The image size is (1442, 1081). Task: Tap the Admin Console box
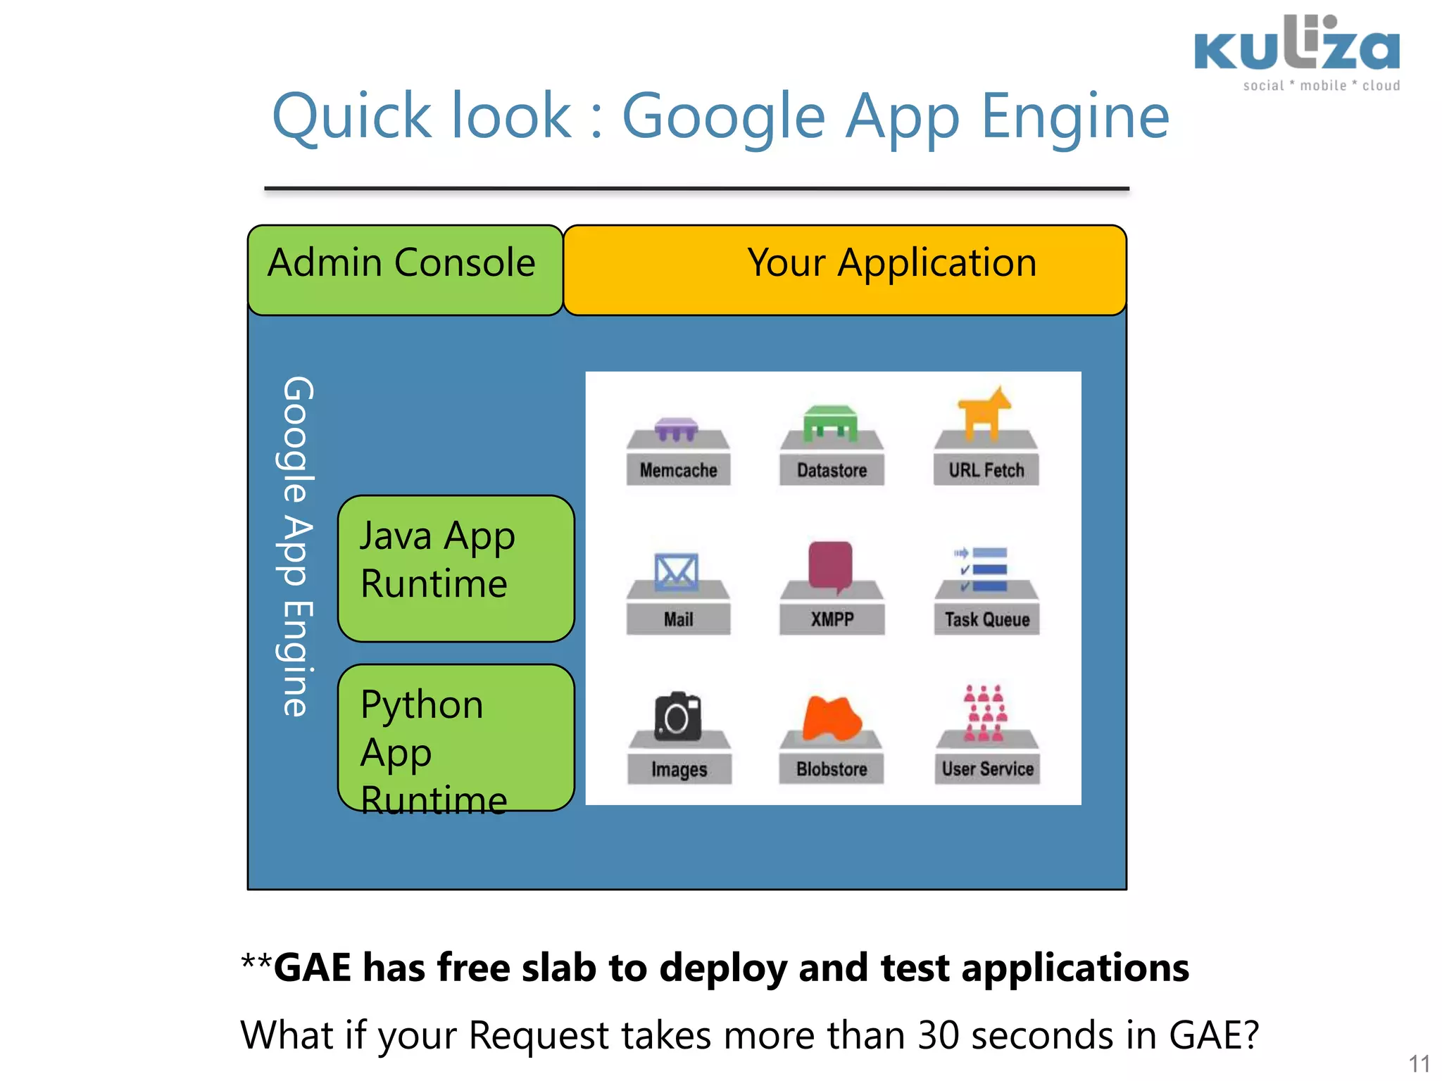click(x=404, y=270)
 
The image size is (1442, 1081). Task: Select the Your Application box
click(x=845, y=270)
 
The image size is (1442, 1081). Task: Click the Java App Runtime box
click(x=456, y=568)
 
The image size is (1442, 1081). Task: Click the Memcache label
click(x=678, y=470)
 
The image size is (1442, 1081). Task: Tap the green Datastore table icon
click(x=831, y=423)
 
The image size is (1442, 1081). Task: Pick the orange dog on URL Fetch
click(x=984, y=412)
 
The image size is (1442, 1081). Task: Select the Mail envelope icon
click(x=677, y=572)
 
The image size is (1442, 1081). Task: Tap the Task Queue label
click(x=986, y=619)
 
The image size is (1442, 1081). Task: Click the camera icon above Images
click(x=677, y=717)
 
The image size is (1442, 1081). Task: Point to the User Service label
click(x=987, y=769)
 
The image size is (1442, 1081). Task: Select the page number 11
click(x=1419, y=1063)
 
